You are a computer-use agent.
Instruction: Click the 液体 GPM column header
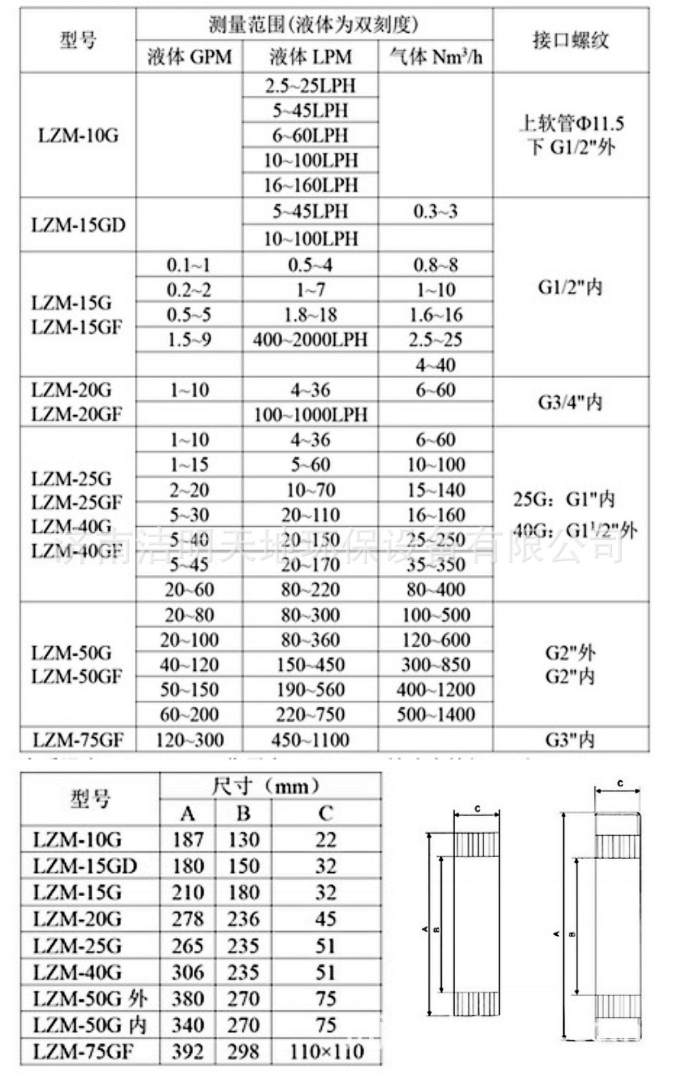click(189, 56)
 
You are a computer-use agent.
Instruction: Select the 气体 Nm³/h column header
click(436, 56)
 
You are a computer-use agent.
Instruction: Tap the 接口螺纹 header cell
click(570, 40)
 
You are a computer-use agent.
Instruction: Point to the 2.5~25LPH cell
click(310, 86)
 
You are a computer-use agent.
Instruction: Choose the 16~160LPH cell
click(310, 185)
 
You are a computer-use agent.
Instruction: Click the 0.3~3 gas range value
click(436, 211)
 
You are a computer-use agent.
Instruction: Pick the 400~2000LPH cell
click(310, 340)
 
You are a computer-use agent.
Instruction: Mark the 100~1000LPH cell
click(310, 414)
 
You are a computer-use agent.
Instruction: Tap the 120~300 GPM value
click(190, 740)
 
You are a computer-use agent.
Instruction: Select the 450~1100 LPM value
click(310, 740)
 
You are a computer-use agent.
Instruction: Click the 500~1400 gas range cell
click(436, 715)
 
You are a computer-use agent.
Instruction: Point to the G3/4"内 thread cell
click(570, 401)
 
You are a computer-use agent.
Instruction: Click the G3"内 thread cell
click(570, 740)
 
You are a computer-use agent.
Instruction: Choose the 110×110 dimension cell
click(326, 1051)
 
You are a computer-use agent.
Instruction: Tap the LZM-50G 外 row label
click(90, 998)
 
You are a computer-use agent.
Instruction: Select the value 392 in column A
click(188, 1051)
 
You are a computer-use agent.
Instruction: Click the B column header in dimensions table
click(243, 813)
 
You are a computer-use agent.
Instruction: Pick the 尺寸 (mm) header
click(270, 786)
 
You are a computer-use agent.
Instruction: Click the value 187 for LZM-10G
click(188, 839)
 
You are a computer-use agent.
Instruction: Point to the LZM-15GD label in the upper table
click(78, 225)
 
